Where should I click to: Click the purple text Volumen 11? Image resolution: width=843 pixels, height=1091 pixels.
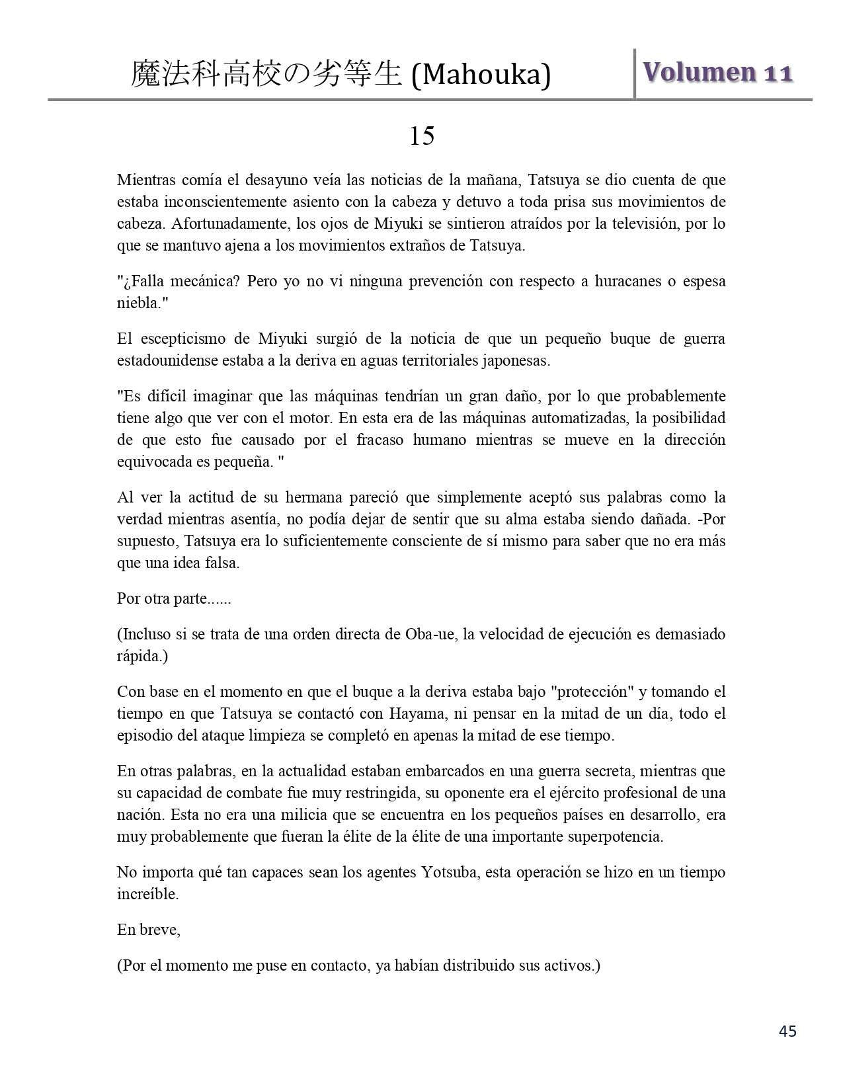pos(717,73)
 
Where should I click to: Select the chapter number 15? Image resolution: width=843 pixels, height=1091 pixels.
pos(421,136)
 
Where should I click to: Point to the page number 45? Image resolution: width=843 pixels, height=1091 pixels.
pos(787,1031)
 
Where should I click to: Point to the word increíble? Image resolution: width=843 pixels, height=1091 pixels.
pos(147,894)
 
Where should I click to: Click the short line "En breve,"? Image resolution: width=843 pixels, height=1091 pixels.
pos(149,930)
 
